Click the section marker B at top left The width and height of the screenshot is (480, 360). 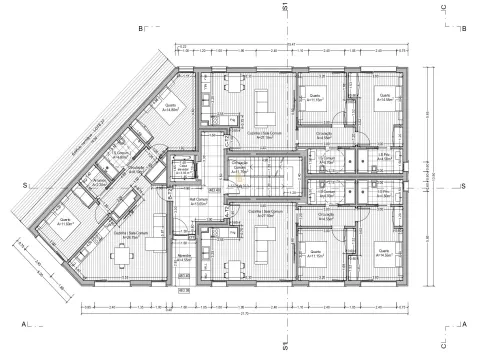141,30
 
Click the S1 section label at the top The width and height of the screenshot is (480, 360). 285,8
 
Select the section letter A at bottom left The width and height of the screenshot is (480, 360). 22,324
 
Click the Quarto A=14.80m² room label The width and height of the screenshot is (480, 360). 171,110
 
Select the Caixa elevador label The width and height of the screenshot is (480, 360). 183,171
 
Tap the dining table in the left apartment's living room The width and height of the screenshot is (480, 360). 120,256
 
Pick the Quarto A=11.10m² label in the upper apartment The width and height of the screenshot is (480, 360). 313,98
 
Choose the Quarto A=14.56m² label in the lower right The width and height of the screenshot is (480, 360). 382,254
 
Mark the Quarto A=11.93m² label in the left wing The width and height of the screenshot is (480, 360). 65,222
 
